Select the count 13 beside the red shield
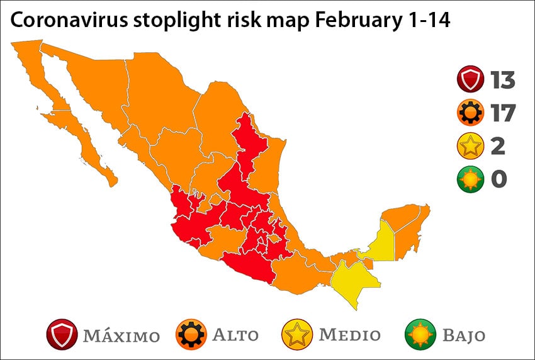click(503, 81)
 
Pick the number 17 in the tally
click(503, 113)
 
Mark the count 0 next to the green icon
click(499, 179)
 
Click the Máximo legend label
click(121, 335)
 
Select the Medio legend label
click(350, 334)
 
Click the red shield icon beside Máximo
click(62, 334)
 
